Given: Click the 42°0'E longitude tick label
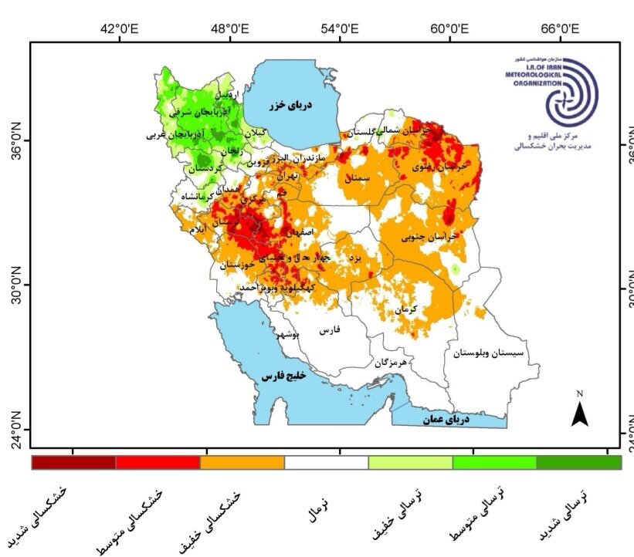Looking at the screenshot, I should (118, 29).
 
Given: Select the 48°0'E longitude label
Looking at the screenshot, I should (229, 29).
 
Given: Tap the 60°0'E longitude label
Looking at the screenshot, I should (450, 29).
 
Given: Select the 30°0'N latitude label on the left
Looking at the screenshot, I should (14, 285).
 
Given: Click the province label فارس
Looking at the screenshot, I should (330, 329).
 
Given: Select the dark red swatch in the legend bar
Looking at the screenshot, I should (73, 462).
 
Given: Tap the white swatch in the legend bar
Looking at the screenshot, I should (326, 462).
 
